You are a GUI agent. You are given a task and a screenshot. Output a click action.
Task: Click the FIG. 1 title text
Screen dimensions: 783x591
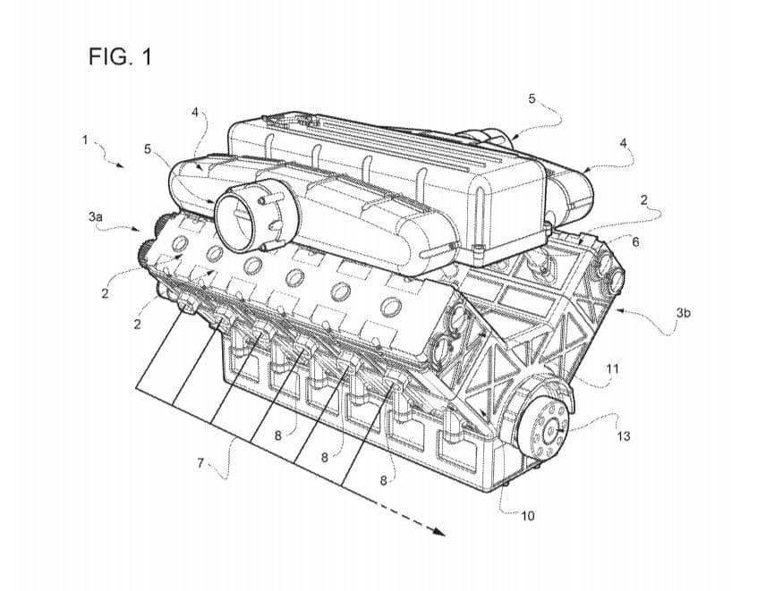click(x=120, y=57)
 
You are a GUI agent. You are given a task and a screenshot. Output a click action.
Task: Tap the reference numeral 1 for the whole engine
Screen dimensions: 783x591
click(x=85, y=140)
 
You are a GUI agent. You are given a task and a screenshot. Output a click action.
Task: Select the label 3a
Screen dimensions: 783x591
click(x=96, y=216)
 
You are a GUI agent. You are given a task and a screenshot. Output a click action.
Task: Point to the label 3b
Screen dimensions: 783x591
click(x=683, y=313)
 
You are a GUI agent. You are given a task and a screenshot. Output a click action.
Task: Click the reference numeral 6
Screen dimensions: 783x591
click(x=635, y=242)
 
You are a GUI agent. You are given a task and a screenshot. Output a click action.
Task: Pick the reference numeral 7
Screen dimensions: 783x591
click(x=200, y=463)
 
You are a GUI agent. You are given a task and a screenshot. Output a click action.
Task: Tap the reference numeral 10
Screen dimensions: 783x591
click(x=527, y=516)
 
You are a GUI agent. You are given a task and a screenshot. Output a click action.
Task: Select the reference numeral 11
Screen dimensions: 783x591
click(x=612, y=368)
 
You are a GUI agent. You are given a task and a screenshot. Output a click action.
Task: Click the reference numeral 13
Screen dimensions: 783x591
click(x=624, y=436)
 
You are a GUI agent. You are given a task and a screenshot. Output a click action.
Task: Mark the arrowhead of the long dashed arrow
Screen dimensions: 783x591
click(x=438, y=531)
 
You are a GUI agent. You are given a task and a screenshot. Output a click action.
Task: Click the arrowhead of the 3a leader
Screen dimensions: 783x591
click(x=139, y=230)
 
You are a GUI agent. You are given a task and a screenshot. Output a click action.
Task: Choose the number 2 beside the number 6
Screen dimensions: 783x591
click(x=644, y=200)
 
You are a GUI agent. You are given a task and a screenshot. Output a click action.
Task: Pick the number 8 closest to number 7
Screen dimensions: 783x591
click(x=277, y=435)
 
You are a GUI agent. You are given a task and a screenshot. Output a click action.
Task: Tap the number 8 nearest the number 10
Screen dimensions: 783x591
click(x=384, y=480)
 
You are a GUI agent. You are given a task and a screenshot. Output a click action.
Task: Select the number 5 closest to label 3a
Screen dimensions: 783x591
click(x=148, y=148)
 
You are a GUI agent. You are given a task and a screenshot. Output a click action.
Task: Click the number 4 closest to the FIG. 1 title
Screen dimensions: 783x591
click(x=195, y=113)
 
